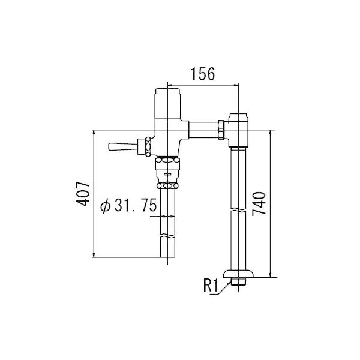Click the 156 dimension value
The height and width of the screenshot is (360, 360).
coord(203,74)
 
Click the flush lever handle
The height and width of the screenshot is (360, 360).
coord(122,146)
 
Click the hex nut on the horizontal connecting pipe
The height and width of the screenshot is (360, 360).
coord(221,129)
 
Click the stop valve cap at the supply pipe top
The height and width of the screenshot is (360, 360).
coord(239,115)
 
